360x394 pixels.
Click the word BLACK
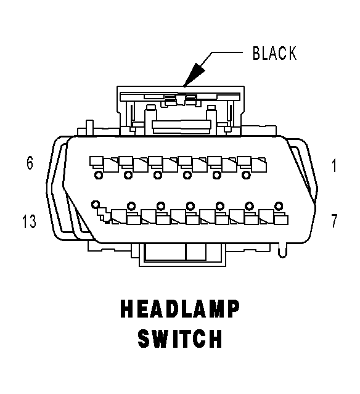pos(274,53)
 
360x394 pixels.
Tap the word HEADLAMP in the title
pos(180,309)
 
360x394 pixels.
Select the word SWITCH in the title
pos(180,339)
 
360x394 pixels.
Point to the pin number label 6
pos(30,163)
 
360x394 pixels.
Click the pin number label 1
pos(334,166)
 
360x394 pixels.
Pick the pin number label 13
pos(29,221)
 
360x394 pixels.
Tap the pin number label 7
pos(334,220)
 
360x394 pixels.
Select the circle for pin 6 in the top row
pos(99,175)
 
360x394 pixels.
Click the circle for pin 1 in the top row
pos(246,175)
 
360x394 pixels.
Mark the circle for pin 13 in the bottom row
pos(96,205)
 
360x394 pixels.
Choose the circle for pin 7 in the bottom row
pos(279,206)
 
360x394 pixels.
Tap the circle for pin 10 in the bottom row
pos(190,206)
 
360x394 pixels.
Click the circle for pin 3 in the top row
pos(187,175)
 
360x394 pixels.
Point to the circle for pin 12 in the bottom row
pos(131,206)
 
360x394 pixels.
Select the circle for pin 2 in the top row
pos(216,175)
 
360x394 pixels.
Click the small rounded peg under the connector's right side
pos(282,250)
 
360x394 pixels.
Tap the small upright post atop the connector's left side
pos(89,128)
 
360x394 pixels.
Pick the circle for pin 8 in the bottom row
pos(249,206)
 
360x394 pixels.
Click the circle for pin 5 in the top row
pos(128,175)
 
